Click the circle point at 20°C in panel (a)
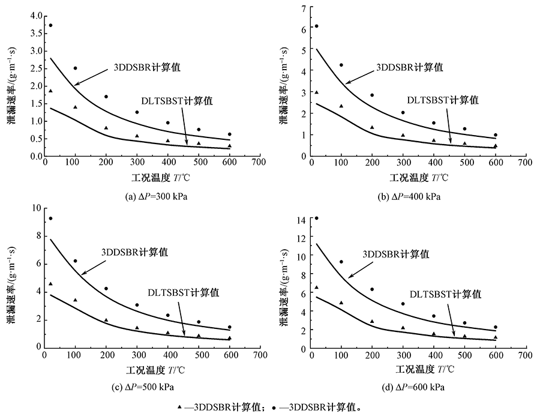point(50,25)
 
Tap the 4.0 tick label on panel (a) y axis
point(35,15)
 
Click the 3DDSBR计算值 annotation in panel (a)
point(147,67)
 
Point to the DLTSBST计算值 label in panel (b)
point(443,100)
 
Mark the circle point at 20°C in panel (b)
point(316,26)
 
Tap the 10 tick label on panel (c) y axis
point(35,208)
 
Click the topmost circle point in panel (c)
point(50,219)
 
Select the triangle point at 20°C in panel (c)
point(50,284)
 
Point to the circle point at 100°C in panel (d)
point(341,262)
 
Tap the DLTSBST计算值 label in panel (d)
point(445,294)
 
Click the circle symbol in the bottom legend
point(274,406)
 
